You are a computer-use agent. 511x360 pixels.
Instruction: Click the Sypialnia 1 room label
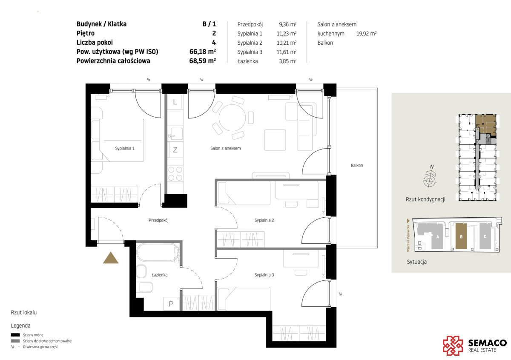pos(125,148)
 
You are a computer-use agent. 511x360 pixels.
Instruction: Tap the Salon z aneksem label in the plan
pos(225,148)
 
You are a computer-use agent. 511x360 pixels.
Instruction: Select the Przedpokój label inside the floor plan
pos(158,220)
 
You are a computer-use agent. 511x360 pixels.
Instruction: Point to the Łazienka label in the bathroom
pos(159,275)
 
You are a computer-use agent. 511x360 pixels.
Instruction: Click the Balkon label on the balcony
pos(357,165)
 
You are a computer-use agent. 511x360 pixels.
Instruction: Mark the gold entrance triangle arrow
pos(111,258)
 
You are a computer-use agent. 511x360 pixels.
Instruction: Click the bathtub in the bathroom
pos(158,253)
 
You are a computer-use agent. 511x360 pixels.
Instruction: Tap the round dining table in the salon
pos(232,118)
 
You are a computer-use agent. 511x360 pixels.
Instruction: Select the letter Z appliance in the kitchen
pos(175,150)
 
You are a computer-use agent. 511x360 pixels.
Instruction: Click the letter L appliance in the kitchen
pos(175,102)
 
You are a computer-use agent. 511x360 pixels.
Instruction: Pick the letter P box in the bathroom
pos(171,304)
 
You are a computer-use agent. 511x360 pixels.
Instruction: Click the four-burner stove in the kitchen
pos(175,173)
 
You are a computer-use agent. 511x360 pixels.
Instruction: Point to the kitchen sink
pos(175,133)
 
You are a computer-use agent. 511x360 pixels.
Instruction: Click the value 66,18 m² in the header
pos(203,52)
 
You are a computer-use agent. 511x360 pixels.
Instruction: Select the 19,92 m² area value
pos(366,34)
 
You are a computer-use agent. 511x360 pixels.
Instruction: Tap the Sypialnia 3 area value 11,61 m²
pos(287,52)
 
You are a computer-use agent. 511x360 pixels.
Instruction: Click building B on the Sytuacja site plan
pos(461,236)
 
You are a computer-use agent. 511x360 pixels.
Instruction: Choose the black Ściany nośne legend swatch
pos(15,335)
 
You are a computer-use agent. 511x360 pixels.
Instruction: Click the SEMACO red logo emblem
pos(453,346)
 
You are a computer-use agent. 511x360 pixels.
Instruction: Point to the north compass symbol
pos(429,179)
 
